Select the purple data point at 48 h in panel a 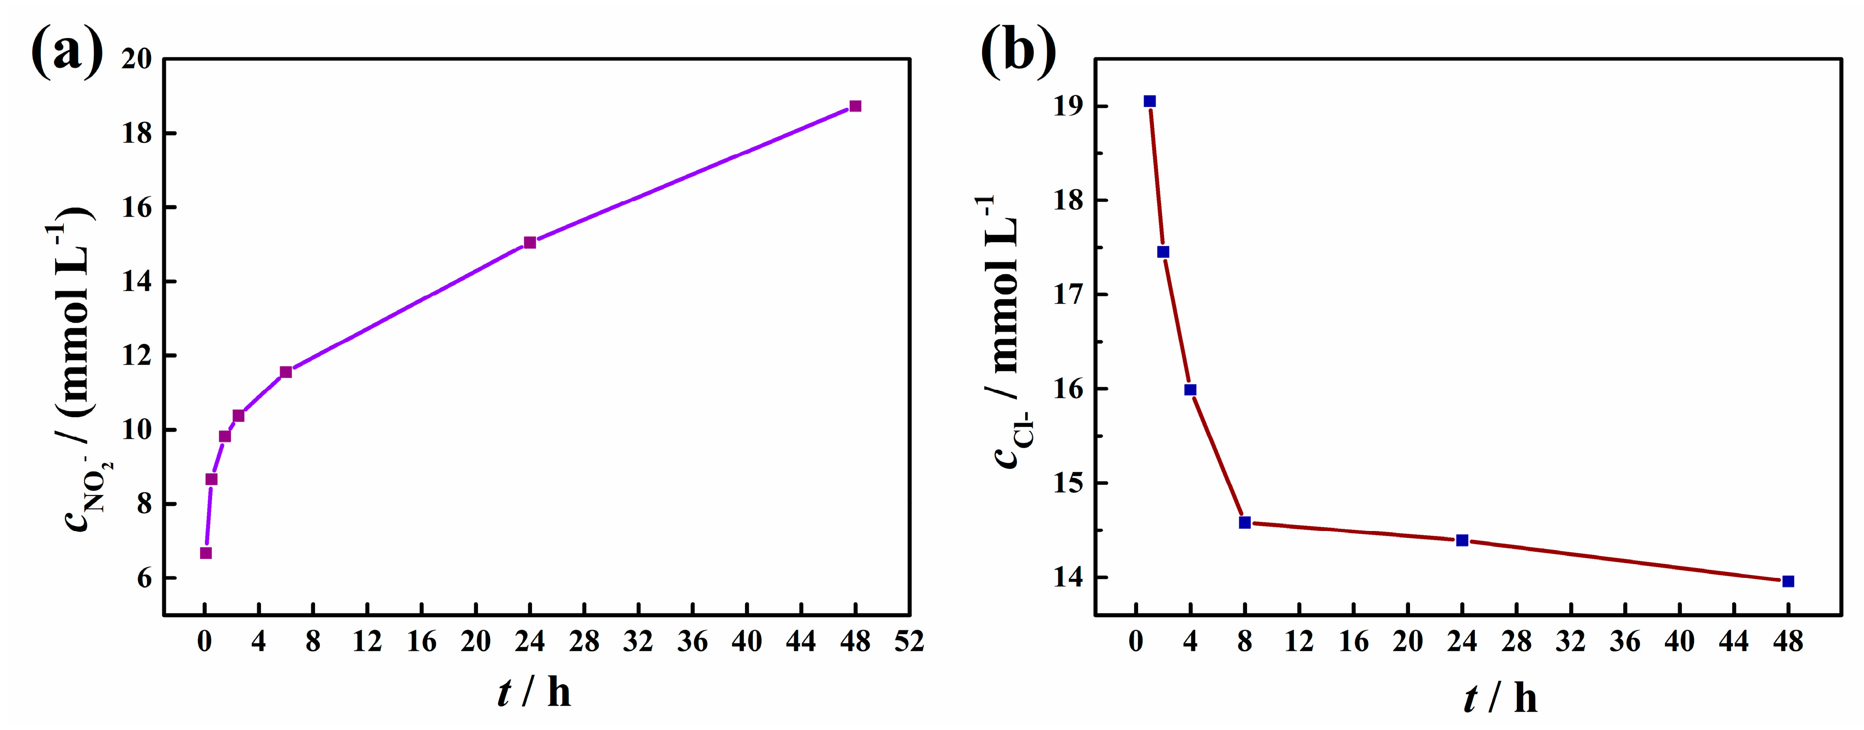click(855, 106)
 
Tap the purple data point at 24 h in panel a click(530, 243)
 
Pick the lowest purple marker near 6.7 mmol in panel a click(205, 553)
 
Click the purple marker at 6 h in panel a click(286, 372)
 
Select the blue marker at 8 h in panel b click(1245, 522)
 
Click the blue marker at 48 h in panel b click(1788, 581)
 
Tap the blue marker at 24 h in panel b click(1462, 540)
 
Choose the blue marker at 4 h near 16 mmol click(1190, 390)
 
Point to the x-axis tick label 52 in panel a click(909, 642)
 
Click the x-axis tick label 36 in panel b click(1625, 642)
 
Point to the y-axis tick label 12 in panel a click(137, 356)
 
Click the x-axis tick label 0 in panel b click(1136, 642)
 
